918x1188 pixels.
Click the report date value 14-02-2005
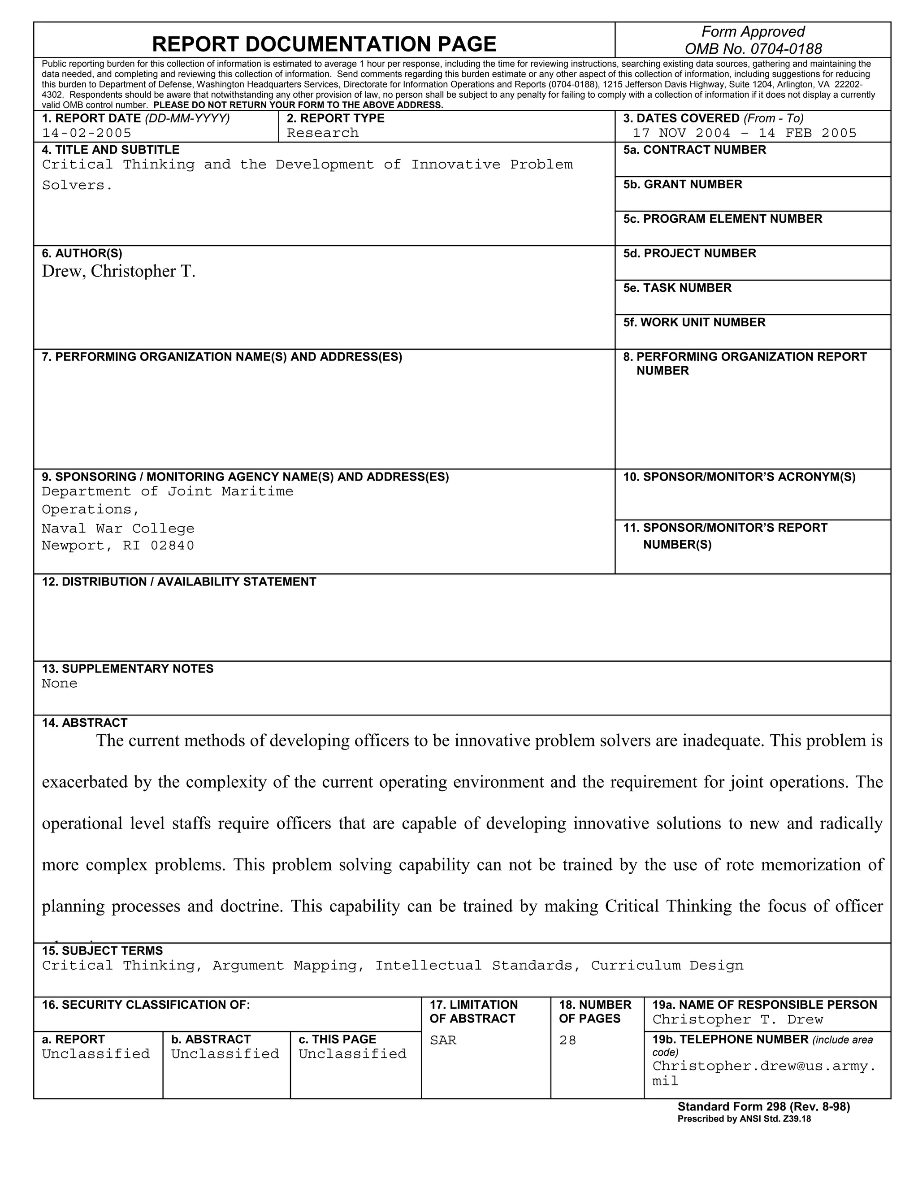(x=87, y=133)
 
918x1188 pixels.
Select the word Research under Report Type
(x=322, y=133)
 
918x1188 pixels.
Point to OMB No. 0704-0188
(x=753, y=49)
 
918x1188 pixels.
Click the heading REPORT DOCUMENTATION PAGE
(x=324, y=43)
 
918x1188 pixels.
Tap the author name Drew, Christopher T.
(x=118, y=271)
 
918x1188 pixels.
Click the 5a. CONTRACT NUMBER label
(x=694, y=150)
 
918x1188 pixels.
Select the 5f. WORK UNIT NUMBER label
(x=694, y=322)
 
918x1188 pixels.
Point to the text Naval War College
(x=118, y=528)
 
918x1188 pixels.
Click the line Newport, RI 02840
(x=118, y=545)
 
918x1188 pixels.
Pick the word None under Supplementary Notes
(x=59, y=683)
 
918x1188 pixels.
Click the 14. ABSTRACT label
(x=84, y=722)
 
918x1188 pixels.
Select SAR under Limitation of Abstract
(x=443, y=1040)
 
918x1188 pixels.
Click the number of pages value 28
(x=567, y=1040)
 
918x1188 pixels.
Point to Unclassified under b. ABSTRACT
(x=225, y=1054)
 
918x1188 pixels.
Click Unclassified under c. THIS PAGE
(x=352, y=1054)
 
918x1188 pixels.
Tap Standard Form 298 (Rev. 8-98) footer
(x=763, y=1106)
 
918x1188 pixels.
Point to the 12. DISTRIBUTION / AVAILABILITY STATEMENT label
(x=179, y=581)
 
